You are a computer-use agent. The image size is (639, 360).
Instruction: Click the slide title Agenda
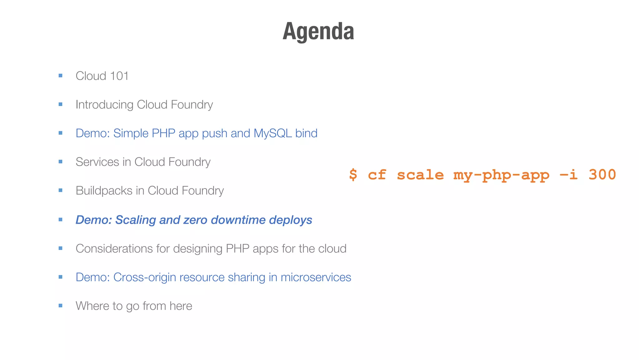(x=318, y=32)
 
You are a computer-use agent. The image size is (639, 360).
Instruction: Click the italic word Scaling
(x=135, y=220)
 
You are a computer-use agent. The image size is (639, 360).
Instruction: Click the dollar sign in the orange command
(x=353, y=174)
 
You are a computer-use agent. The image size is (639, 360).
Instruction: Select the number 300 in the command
(x=602, y=174)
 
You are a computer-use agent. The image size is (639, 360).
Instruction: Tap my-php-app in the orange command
(x=501, y=175)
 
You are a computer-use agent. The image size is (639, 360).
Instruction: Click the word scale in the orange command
(x=420, y=174)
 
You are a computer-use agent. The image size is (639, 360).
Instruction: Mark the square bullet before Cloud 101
(x=61, y=76)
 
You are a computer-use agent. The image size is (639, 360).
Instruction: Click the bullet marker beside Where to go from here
(x=61, y=306)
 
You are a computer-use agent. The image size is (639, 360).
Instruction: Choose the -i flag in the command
(x=568, y=174)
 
